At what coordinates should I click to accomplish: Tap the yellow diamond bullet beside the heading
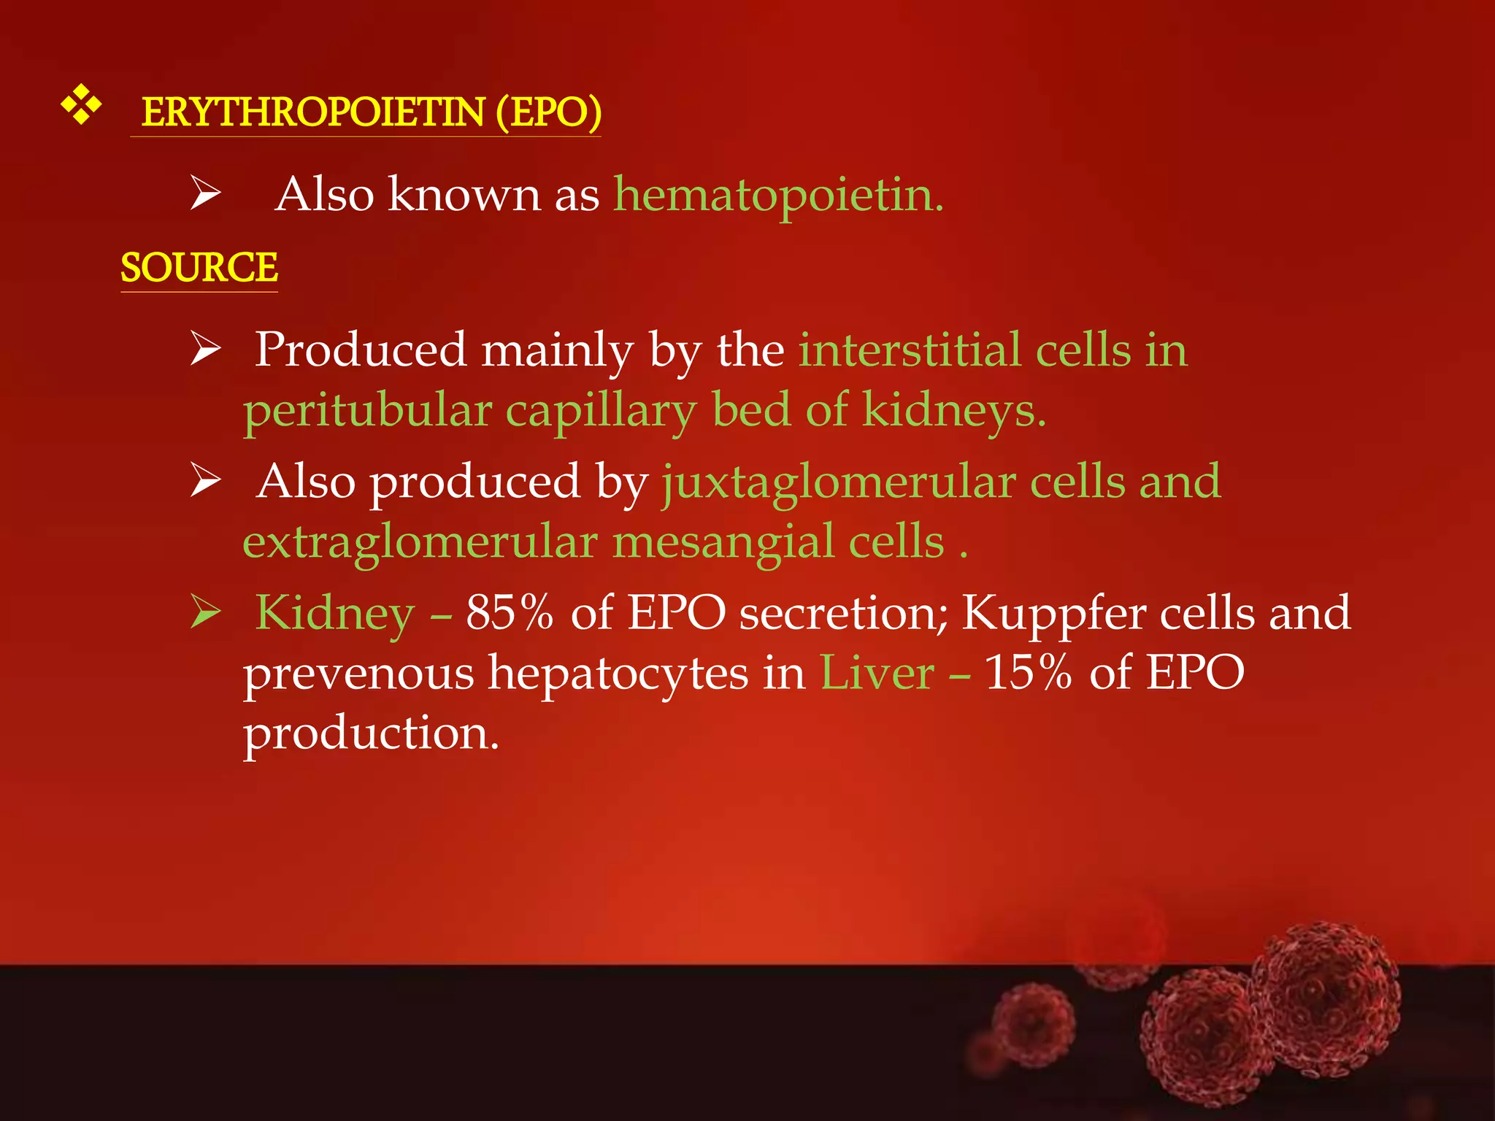(80, 104)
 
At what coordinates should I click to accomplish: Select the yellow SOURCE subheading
(199, 267)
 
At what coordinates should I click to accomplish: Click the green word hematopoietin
(778, 195)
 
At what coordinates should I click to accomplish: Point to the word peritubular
(367, 410)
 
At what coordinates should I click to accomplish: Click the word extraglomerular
(420, 542)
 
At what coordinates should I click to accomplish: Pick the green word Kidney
(335, 613)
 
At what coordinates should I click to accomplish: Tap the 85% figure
(510, 612)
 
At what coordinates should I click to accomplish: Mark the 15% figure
(1028, 671)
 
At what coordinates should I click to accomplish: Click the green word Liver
(877, 671)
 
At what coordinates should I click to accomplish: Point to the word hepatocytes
(618, 673)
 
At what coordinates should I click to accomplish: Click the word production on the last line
(371, 733)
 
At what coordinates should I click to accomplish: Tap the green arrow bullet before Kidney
(205, 612)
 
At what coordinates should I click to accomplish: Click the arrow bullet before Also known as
(205, 193)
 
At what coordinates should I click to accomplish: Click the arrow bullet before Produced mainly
(205, 348)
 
